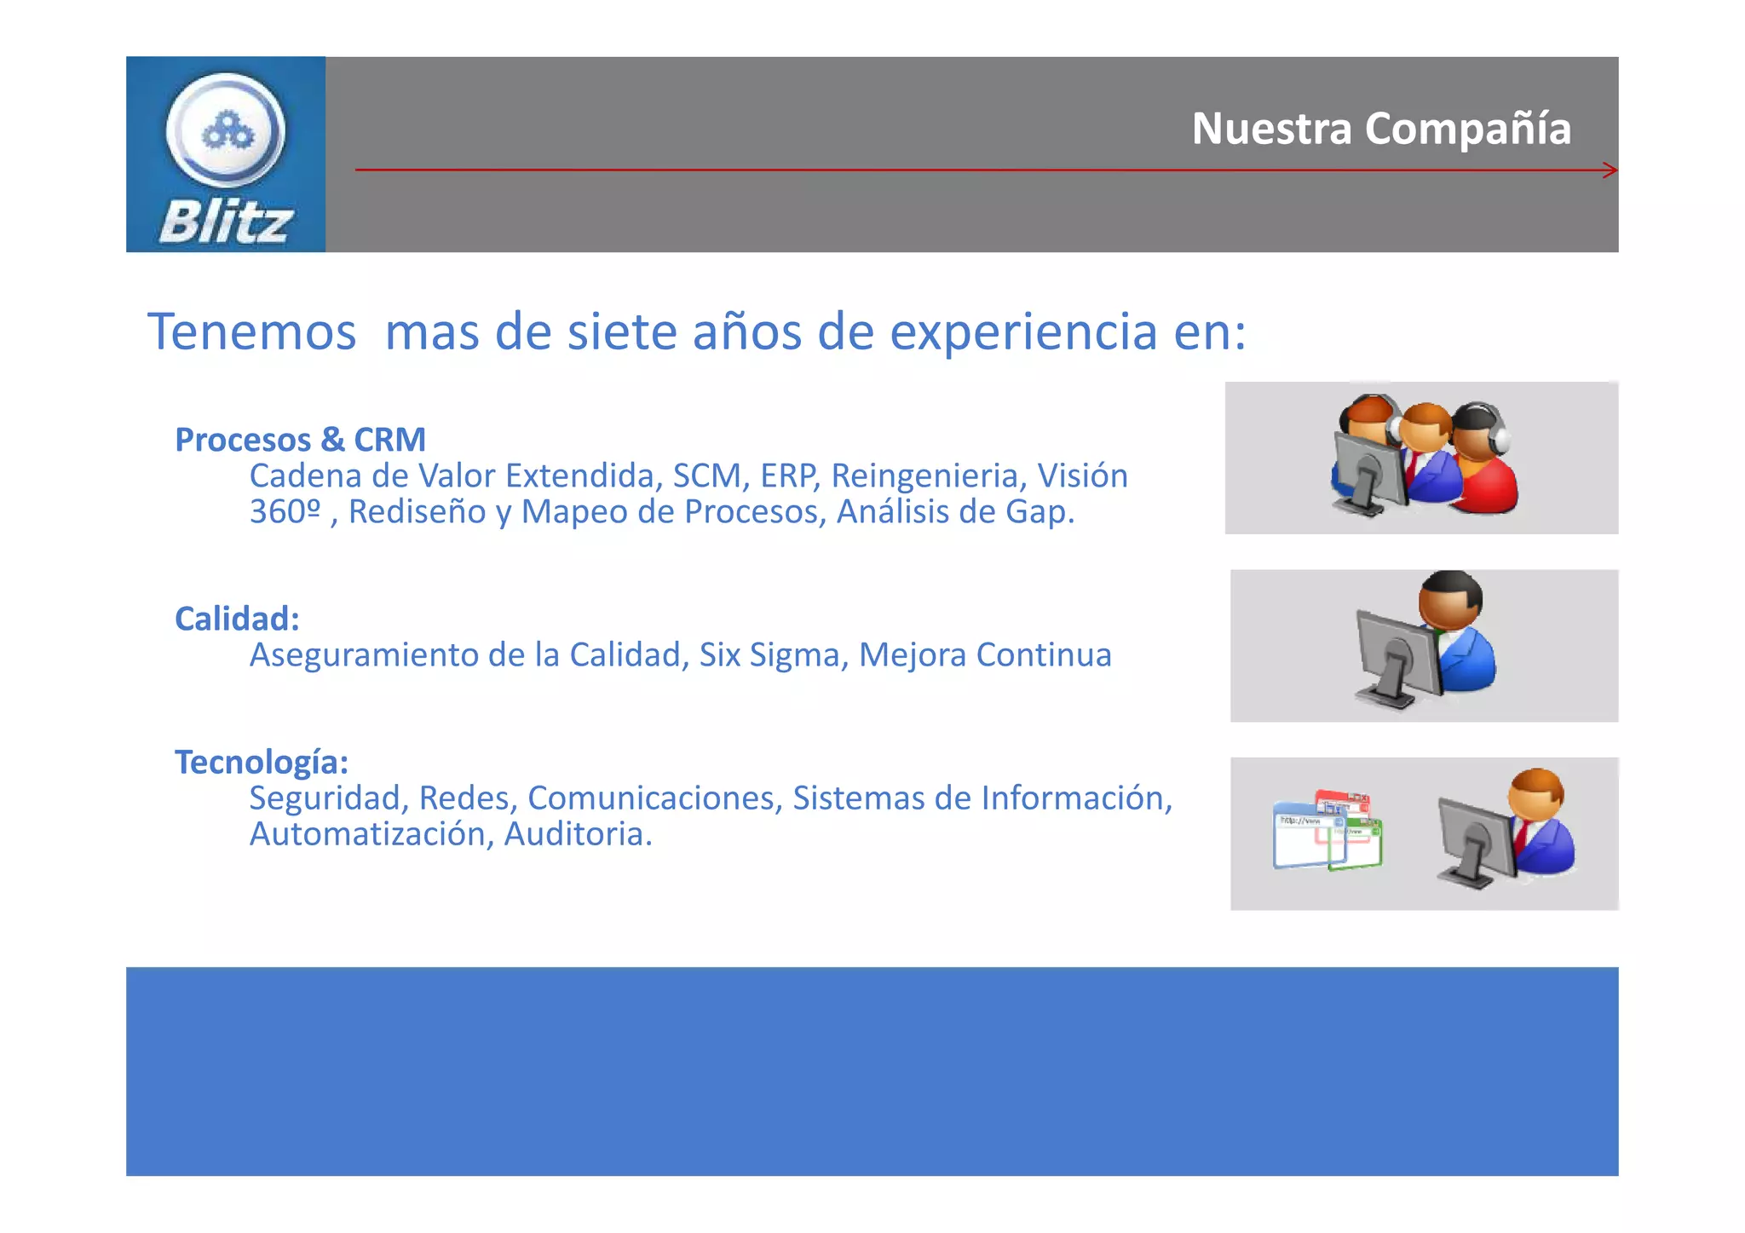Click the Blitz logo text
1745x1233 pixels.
(226, 223)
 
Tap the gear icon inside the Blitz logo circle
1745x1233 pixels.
(227, 131)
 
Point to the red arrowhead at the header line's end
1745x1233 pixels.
(1610, 170)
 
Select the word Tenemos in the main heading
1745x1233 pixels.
(251, 331)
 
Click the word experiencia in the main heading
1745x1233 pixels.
(1023, 331)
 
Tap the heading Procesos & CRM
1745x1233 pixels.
(300, 440)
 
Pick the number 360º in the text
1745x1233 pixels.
(285, 511)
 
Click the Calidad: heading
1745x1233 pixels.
(237, 619)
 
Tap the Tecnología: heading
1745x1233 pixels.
(262, 762)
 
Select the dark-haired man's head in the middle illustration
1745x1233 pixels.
(1450, 598)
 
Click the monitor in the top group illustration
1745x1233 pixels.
(1368, 473)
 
